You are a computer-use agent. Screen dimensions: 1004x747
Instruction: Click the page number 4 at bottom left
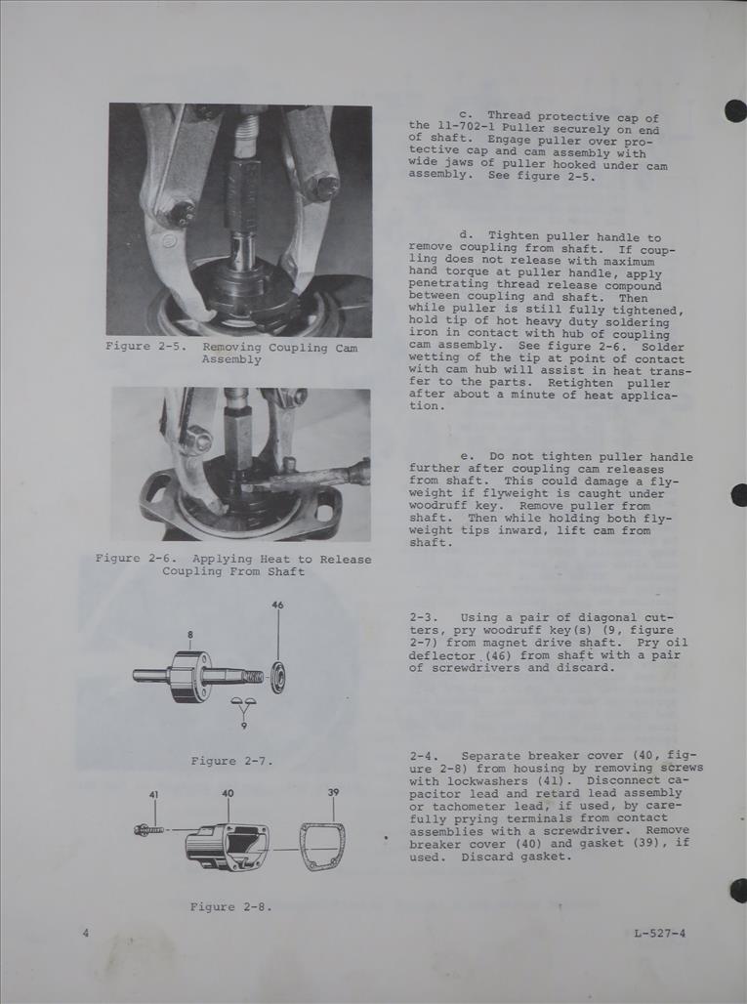[x=86, y=933]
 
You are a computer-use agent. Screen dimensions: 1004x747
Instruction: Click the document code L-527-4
[x=659, y=933]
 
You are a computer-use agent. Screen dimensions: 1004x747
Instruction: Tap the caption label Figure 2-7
[x=228, y=761]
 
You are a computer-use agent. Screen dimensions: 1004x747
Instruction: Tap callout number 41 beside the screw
[x=154, y=795]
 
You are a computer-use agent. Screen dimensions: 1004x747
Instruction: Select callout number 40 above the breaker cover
[x=228, y=793]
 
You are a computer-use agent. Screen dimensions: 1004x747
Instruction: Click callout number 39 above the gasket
[x=333, y=792]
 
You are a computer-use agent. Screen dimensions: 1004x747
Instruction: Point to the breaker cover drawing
[x=227, y=846]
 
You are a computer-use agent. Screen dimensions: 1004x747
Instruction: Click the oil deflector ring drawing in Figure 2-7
[x=277, y=677]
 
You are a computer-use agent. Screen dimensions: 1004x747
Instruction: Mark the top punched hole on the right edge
[x=735, y=110]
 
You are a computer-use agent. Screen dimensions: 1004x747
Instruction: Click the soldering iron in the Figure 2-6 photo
[x=312, y=478]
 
